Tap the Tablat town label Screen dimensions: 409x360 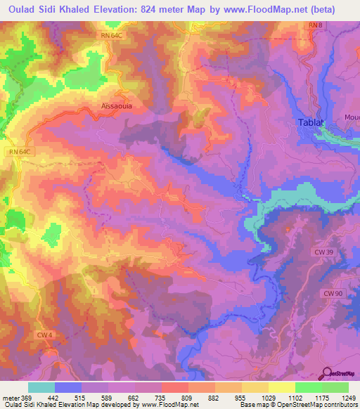(310, 122)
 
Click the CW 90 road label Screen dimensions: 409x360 (333, 292)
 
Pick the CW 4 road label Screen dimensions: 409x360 (44, 335)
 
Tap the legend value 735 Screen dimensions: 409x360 (162, 398)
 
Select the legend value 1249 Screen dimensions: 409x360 (349, 398)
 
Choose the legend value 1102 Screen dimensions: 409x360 (295, 398)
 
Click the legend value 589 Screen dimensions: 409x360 (108, 398)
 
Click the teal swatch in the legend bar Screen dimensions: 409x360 (41, 387)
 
